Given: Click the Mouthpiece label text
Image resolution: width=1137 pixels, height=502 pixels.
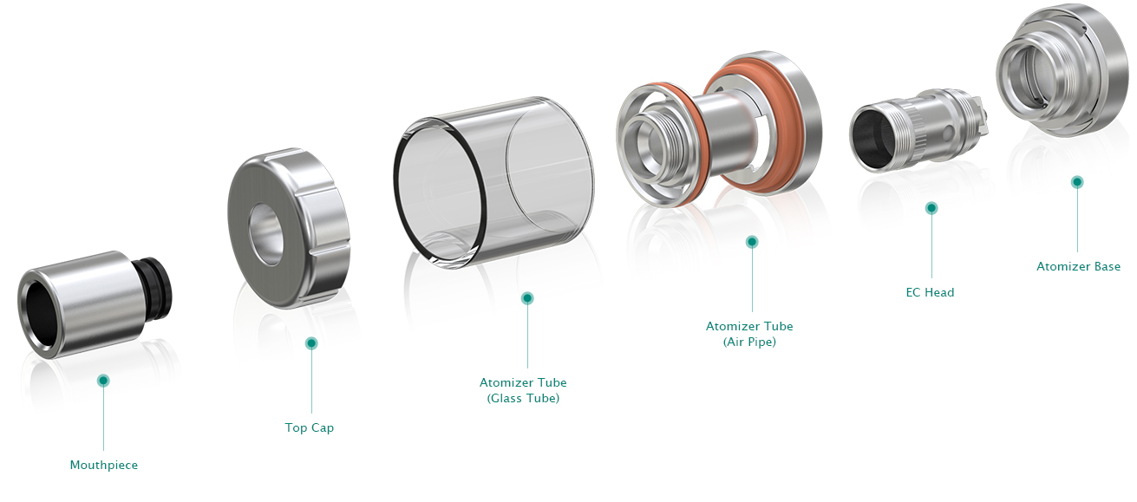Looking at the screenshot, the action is tap(103, 465).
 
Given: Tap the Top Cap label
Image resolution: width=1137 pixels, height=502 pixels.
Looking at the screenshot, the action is tap(309, 428).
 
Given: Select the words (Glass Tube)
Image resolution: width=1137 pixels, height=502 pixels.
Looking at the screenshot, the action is tap(523, 399).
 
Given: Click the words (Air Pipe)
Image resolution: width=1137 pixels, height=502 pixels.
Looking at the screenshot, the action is tap(749, 342).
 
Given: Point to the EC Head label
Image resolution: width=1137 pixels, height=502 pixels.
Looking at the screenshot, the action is tap(930, 292).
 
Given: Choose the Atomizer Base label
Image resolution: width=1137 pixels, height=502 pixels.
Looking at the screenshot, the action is tap(1078, 266).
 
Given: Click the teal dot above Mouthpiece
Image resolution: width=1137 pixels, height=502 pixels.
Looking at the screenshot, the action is tap(103, 381).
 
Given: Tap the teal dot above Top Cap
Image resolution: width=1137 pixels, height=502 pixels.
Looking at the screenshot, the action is tap(311, 343).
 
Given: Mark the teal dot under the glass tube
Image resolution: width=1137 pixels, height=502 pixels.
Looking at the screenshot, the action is tap(527, 298).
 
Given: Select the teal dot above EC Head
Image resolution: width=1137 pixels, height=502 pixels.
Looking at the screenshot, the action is tap(931, 208).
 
